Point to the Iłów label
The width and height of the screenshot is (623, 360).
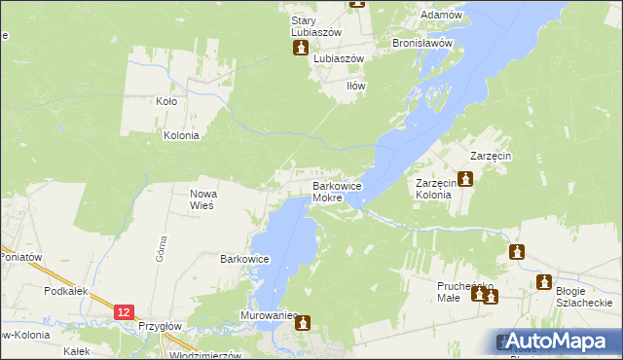click(x=356, y=86)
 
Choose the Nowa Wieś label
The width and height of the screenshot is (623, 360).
click(x=202, y=199)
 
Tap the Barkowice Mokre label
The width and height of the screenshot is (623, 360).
click(x=337, y=192)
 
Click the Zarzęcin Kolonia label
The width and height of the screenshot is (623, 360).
click(x=434, y=189)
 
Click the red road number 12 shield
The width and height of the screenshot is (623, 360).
click(x=123, y=311)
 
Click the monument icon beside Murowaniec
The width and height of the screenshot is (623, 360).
click(x=303, y=321)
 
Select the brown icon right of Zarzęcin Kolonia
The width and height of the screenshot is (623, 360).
click(x=466, y=179)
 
